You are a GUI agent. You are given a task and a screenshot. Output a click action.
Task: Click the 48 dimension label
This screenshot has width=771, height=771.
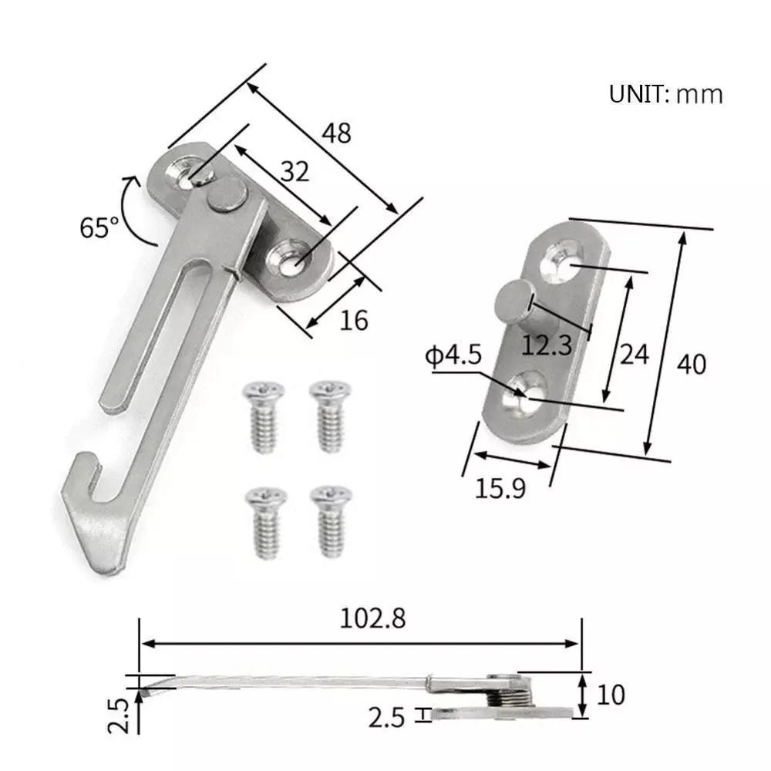336,133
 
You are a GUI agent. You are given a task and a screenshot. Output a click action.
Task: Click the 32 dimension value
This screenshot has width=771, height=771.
295,171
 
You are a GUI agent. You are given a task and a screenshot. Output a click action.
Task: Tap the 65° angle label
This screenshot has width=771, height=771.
99,227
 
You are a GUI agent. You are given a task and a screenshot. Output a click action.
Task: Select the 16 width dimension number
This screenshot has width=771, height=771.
354,318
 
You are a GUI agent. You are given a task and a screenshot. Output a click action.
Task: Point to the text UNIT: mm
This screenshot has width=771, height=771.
666,95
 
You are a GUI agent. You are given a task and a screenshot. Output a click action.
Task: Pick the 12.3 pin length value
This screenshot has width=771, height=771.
547,345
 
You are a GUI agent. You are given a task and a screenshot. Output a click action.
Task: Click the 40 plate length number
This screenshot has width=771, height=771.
690,363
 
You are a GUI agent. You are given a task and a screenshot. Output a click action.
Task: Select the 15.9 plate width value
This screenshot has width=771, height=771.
501,489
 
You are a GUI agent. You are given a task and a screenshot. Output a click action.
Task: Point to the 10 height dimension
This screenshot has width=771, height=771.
610,695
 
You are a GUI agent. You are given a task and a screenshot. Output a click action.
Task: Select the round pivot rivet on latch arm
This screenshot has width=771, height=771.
225,193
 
